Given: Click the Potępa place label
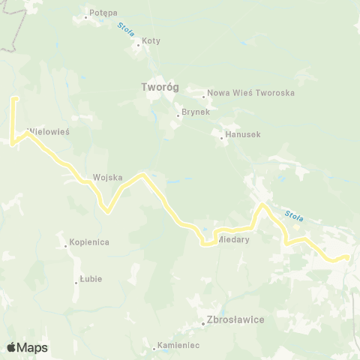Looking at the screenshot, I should tap(103, 13).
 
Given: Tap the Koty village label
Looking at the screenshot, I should tap(151, 40).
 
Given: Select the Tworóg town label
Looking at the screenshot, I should tap(159, 87).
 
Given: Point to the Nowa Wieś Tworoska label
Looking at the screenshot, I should tap(250, 93).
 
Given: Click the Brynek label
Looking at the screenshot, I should tap(193, 113).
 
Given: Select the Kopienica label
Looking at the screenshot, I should tap(89, 242).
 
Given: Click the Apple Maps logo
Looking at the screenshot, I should tap(27, 347).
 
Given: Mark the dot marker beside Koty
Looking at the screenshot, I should tap(138, 44).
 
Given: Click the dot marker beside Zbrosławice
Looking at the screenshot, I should tap(203, 323).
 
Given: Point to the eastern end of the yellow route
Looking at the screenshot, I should tap(347, 256).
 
